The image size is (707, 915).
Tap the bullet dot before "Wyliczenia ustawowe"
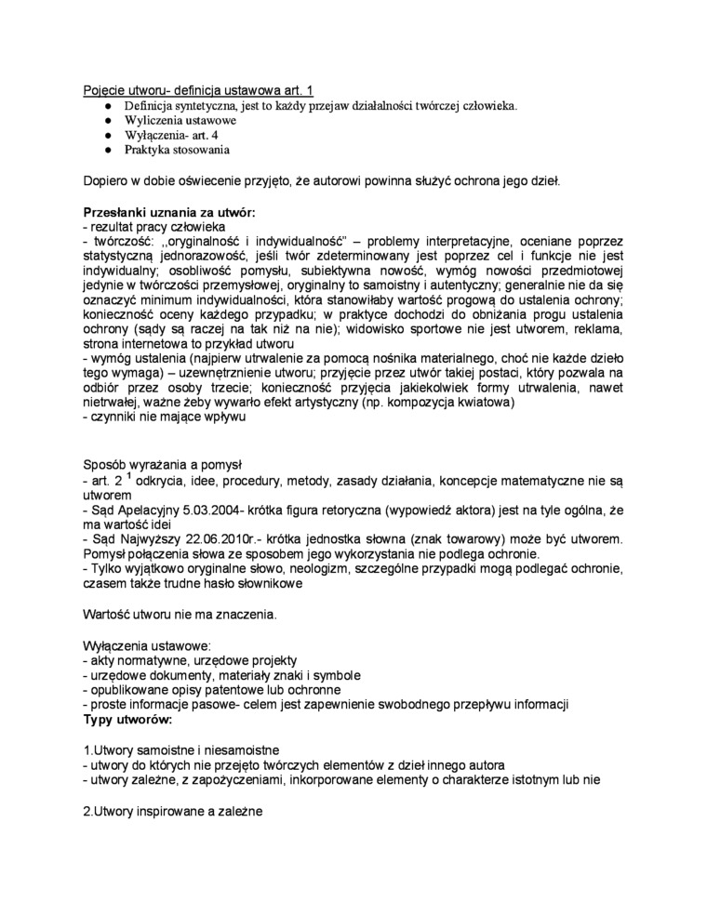point(108,121)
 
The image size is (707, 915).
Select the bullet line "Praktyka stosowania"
point(177,149)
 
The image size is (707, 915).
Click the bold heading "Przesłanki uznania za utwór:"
point(168,211)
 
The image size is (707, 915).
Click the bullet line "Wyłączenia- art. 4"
point(171,135)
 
